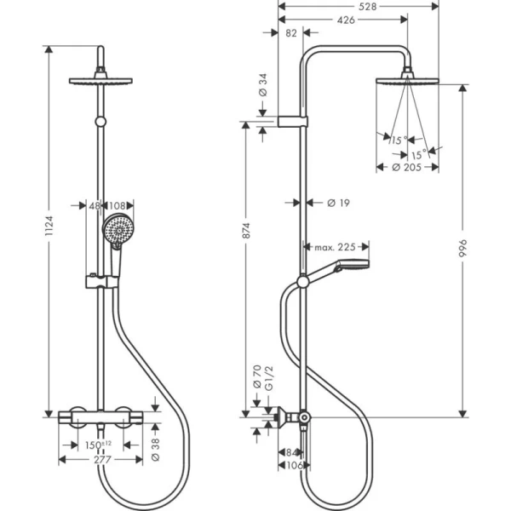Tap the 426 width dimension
point(346,20)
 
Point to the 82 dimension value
point(292,33)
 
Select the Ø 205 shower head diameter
point(408,168)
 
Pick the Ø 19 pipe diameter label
point(340,203)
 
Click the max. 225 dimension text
point(334,247)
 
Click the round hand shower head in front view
point(113,230)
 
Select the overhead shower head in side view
point(407,83)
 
